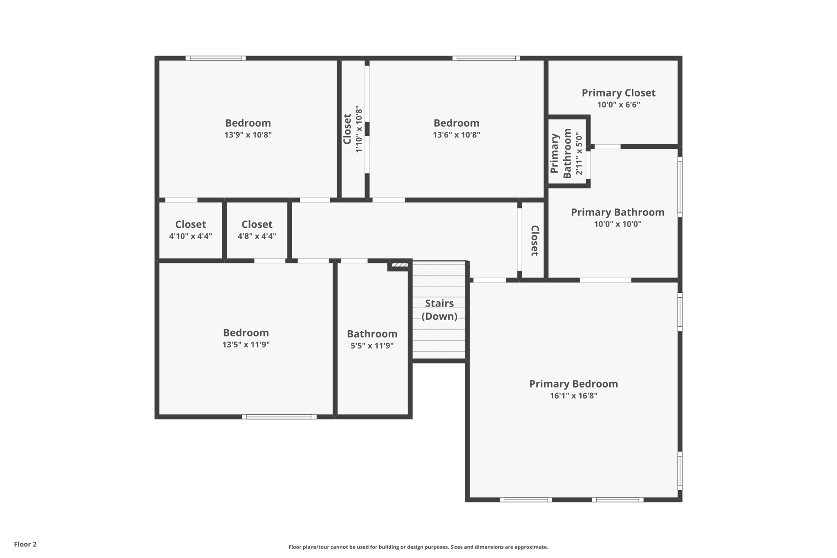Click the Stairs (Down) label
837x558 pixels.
click(439, 309)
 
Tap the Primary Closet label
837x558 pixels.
click(618, 93)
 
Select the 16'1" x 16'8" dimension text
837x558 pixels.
click(573, 396)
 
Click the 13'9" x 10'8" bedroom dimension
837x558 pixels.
click(248, 135)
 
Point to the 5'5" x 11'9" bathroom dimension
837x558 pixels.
click(372, 346)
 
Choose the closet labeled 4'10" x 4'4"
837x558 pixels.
click(190, 230)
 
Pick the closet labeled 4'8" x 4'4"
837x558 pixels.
click(257, 230)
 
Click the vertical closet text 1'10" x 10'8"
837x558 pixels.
click(359, 129)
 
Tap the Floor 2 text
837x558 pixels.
click(25, 544)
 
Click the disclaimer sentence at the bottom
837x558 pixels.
click(418, 547)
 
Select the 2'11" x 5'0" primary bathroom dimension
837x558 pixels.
click(579, 153)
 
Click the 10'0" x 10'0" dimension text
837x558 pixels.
click(618, 224)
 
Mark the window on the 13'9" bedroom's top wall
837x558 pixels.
click(215, 58)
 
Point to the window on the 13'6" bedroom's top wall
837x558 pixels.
click(486, 58)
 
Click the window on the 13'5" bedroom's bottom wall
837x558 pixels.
click(279, 417)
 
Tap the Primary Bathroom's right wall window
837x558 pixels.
click(680, 187)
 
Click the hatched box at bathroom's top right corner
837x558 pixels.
click(400, 265)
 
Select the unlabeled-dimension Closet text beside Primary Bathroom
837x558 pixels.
click(534, 240)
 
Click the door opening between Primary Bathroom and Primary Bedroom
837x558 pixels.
click(605, 280)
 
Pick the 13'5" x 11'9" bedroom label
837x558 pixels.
click(246, 333)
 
